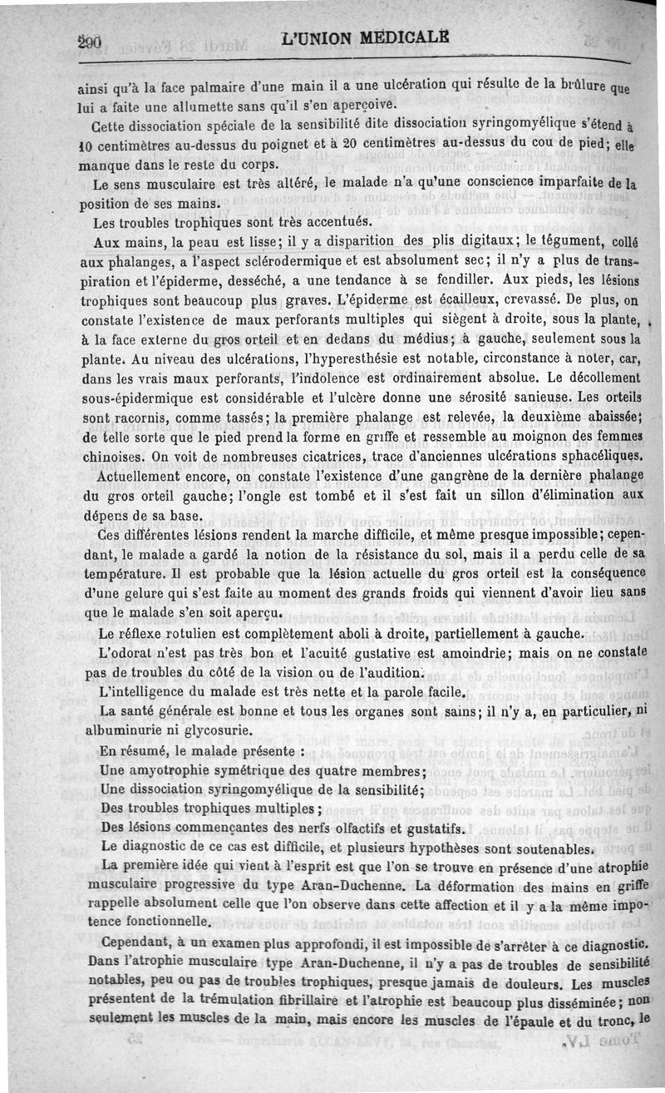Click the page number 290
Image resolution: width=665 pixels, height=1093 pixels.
click(x=87, y=39)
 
